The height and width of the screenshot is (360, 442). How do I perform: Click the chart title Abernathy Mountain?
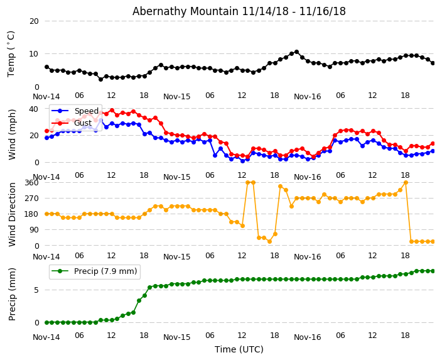(x=239, y=11)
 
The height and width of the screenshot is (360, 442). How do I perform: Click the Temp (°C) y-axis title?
(x=11, y=53)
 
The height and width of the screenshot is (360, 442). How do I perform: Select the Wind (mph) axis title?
(x=12, y=134)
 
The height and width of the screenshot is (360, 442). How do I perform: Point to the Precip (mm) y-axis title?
(x=12, y=294)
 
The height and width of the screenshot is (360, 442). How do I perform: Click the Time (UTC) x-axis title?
(x=239, y=349)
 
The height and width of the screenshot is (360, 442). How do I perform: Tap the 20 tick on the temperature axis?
(x=34, y=21)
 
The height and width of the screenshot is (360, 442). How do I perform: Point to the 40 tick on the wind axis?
(x=34, y=109)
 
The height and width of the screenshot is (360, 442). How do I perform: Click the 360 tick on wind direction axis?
(x=31, y=183)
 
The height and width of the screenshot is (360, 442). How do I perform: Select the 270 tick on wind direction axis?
(x=31, y=199)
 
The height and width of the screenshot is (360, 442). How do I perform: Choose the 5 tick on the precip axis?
(x=36, y=290)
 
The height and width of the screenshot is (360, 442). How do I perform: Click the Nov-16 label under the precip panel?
(x=307, y=337)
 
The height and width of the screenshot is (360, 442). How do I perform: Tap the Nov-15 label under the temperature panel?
(x=176, y=97)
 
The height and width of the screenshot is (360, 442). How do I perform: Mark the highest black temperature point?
(x=296, y=52)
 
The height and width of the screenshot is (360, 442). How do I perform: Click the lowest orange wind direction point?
(x=269, y=241)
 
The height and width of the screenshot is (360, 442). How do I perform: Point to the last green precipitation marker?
(x=433, y=271)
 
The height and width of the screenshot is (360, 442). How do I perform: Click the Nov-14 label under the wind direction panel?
(x=46, y=257)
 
